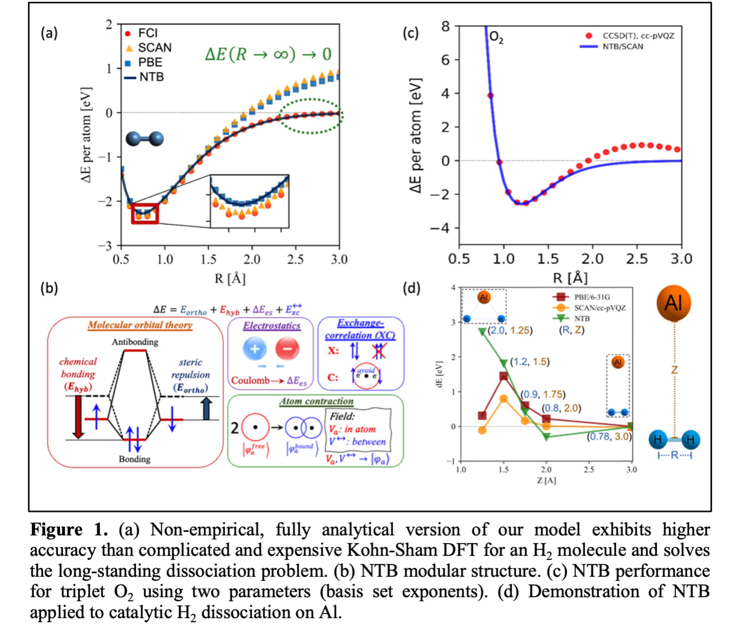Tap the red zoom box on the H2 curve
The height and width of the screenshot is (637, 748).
pyautogui.click(x=145, y=213)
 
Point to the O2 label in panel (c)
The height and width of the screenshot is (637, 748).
pyautogui.click(x=496, y=37)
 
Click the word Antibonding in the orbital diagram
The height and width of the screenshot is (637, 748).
pyautogui.click(x=135, y=342)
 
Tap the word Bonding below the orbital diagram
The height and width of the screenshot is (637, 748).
pyautogui.click(x=135, y=459)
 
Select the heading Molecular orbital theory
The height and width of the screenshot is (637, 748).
pyautogui.click(x=140, y=325)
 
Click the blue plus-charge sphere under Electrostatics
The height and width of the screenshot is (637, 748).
pyautogui.click(x=255, y=349)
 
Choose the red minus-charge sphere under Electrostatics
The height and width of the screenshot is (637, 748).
pyautogui.click(x=287, y=349)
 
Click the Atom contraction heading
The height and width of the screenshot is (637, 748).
pyautogui.click(x=316, y=401)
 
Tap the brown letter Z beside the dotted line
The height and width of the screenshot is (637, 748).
pyautogui.click(x=674, y=370)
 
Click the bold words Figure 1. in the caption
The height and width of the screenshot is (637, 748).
pyautogui.click(x=69, y=530)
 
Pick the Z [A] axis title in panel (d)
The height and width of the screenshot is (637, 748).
pyautogui.click(x=546, y=481)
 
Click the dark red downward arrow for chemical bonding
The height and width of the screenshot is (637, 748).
pyautogui.click(x=78, y=417)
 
